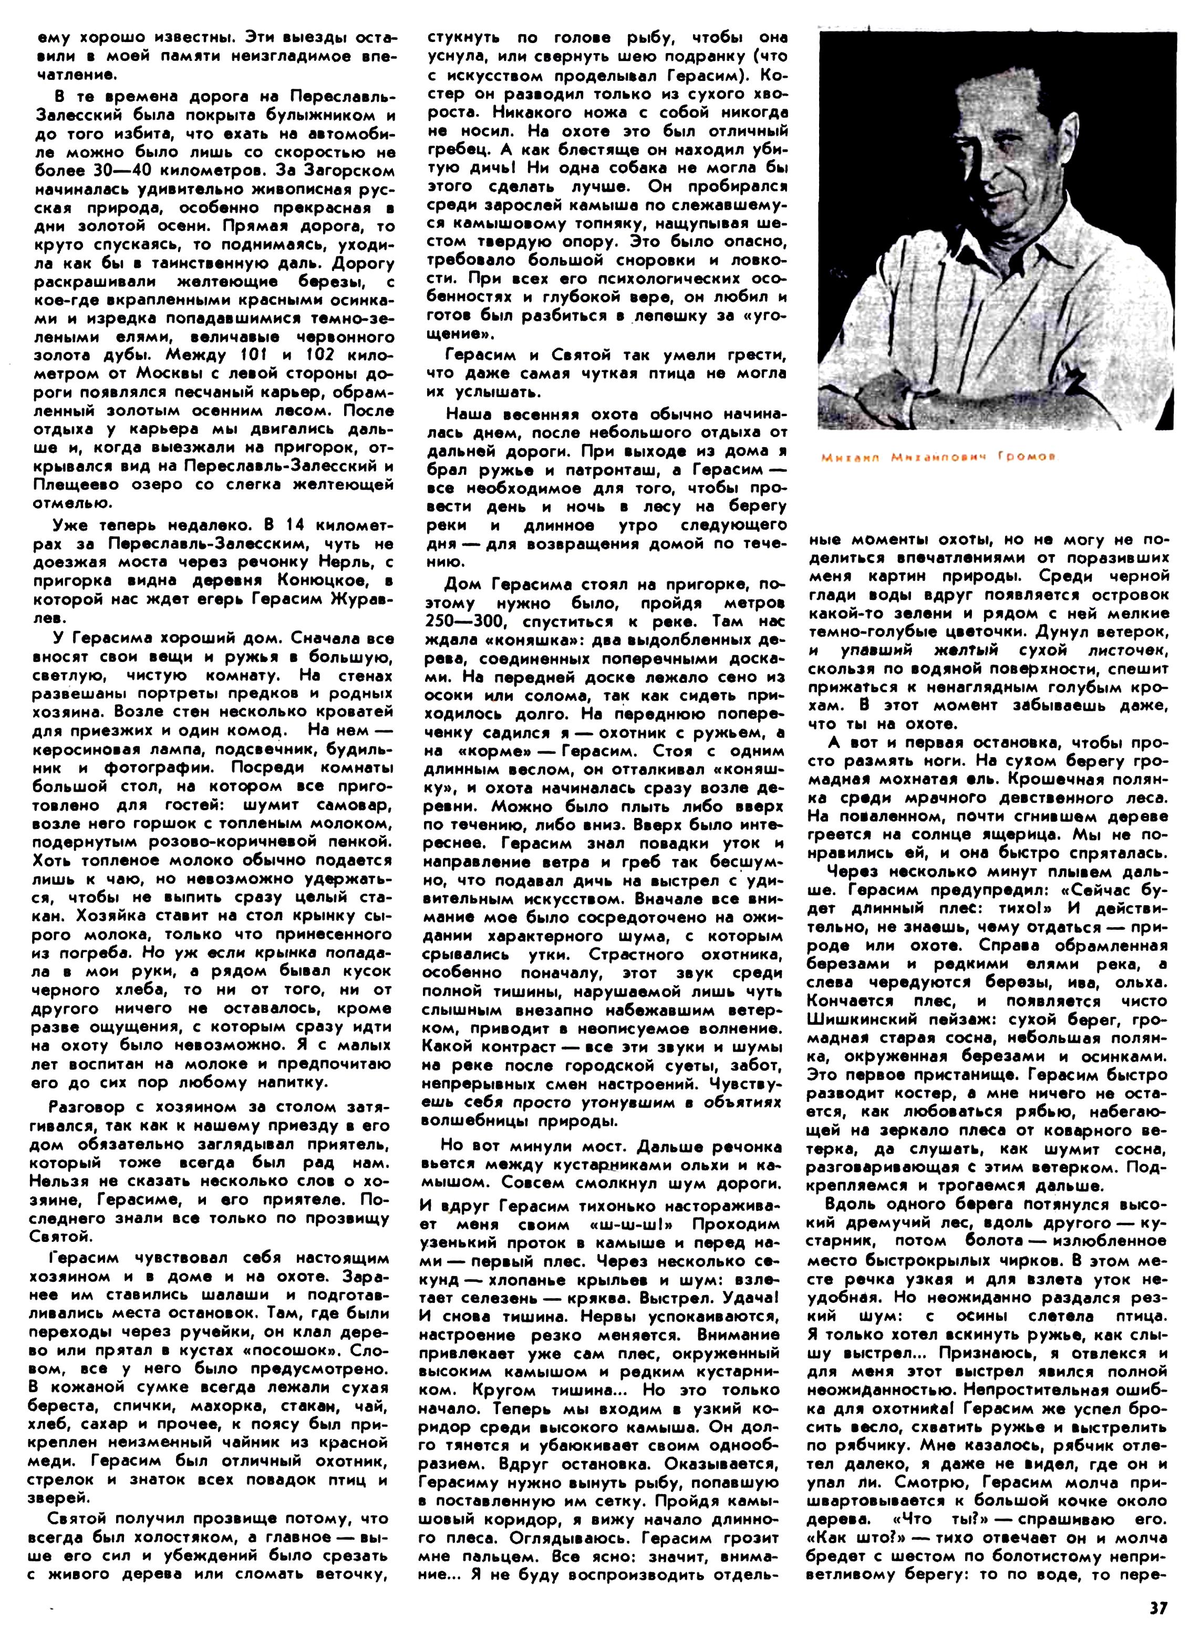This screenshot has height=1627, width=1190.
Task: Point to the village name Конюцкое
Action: [280, 581]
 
